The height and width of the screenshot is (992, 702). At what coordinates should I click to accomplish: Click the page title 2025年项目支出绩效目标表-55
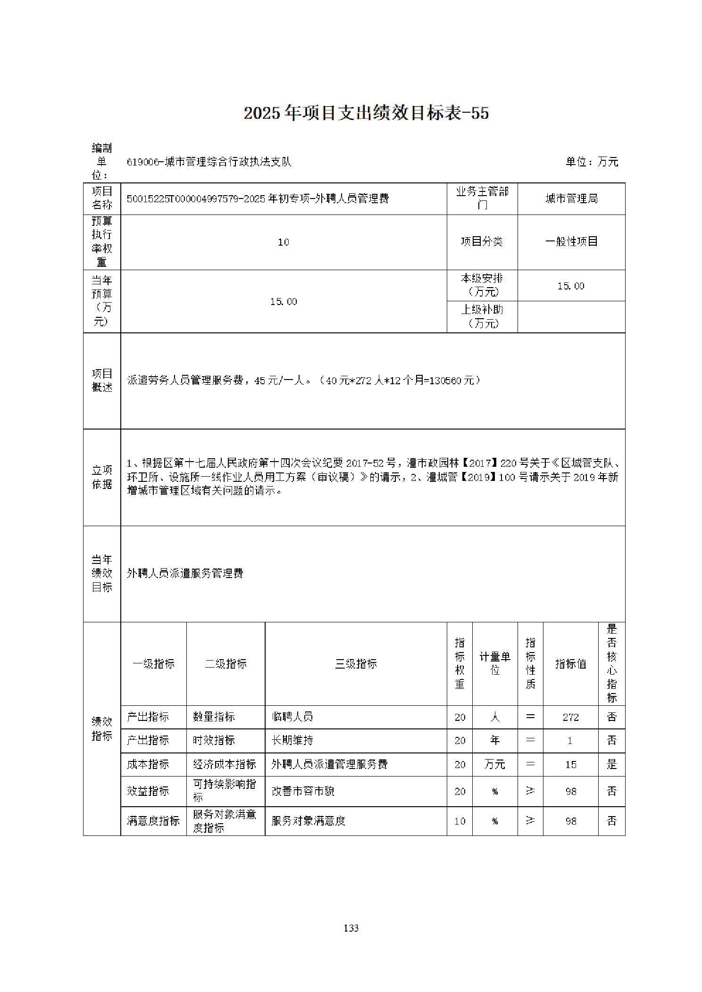[x=366, y=113]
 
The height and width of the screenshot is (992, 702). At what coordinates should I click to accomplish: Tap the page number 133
[x=351, y=928]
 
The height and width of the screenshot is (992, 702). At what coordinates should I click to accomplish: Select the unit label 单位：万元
[x=592, y=162]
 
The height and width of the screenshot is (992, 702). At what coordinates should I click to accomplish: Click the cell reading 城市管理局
[x=571, y=198]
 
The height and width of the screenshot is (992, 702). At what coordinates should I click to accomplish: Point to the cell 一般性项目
[x=571, y=241]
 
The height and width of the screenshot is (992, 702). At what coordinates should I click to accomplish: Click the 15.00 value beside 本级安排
[x=571, y=286]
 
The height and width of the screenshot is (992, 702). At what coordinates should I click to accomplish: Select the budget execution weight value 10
[x=283, y=242]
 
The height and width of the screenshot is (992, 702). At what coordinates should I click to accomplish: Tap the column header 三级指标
[x=356, y=663]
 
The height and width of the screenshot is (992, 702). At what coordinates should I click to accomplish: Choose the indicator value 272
[x=570, y=717]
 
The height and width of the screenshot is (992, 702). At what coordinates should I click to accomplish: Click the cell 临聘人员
[x=292, y=717]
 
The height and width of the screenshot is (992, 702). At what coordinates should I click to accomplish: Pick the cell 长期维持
[x=292, y=740]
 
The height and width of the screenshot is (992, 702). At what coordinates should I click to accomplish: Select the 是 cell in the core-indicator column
[x=611, y=764]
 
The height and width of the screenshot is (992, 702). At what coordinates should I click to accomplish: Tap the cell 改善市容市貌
[x=303, y=791]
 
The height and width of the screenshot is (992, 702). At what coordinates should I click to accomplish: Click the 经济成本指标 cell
[x=225, y=764]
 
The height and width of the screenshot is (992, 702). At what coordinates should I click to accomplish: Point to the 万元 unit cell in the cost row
[x=494, y=764]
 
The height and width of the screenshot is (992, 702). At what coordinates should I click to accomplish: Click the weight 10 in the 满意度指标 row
[x=460, y=821]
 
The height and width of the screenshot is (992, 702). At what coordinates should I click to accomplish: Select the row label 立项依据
[x=102, y=477]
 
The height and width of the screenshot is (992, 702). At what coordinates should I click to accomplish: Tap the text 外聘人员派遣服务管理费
[x=185, y=573]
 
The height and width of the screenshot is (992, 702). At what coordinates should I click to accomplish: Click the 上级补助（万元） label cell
[x=482, y=316]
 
